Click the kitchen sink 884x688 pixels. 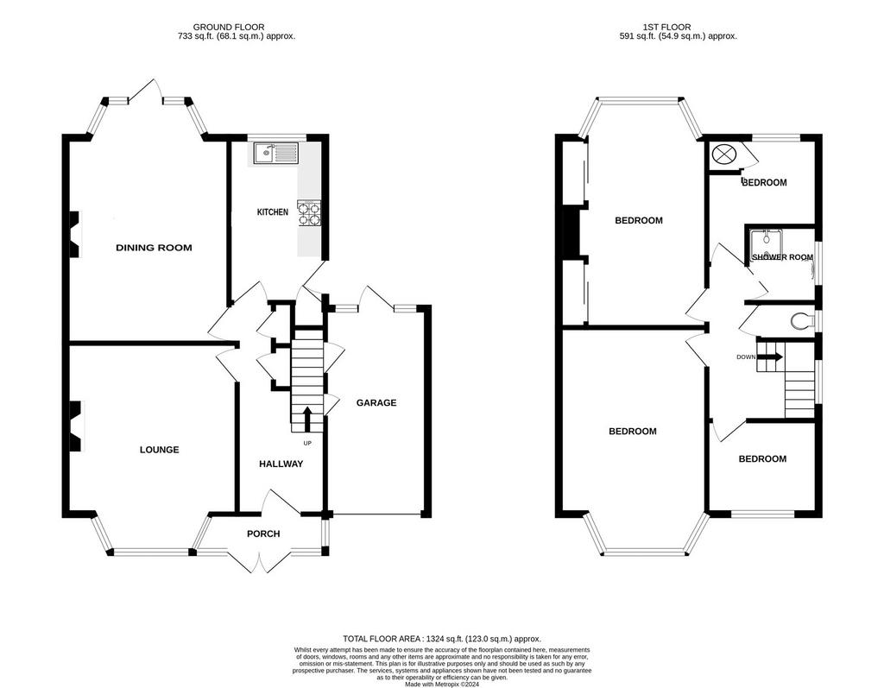click(275, 153)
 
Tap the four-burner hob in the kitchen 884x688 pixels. click(309, 213)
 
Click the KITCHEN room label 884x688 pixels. click(272, 212)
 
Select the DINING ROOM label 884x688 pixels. click(154, 248)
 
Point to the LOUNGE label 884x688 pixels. click(160, 450)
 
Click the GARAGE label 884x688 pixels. click(376, 402)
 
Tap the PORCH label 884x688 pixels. click(263, 533)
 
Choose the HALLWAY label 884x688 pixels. click(281, 464)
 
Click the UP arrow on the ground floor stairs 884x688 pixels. click(307, 420)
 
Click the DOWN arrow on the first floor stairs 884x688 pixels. click(770, 357)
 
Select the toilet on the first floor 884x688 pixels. click(802, 321)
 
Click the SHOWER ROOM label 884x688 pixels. click(782, 257)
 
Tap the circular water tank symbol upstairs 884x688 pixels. click(723, 154)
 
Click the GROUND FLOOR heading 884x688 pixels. click(228, 27)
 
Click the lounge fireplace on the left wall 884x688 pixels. click(76, 426)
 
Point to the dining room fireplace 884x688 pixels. click(76, 234)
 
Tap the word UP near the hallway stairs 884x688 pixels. click(307, 443)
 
